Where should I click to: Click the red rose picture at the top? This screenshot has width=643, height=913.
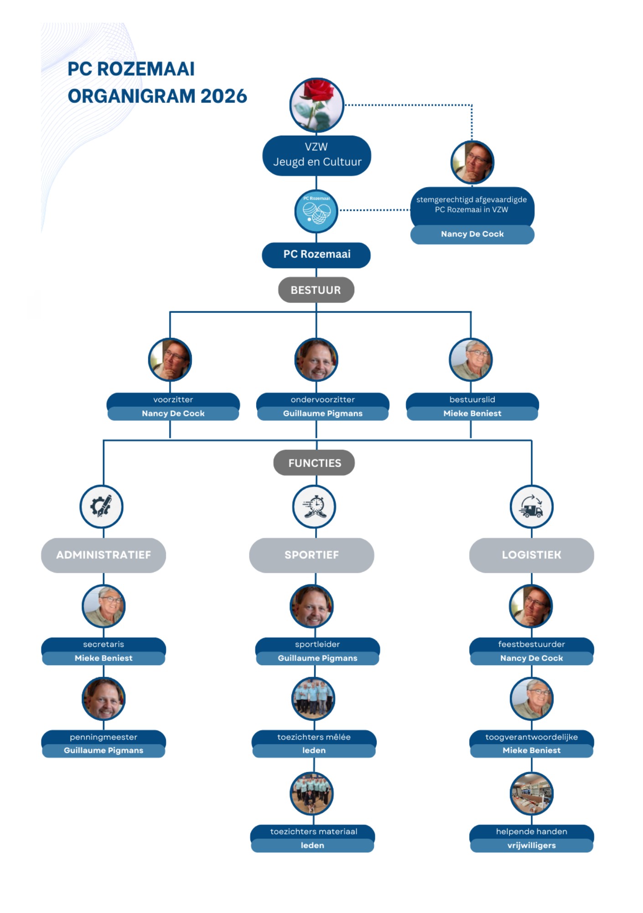[x=316, y=105]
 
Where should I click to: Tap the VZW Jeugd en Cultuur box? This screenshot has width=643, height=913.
[x=316, y=155]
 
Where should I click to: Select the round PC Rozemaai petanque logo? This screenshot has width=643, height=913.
[x=316, y=211]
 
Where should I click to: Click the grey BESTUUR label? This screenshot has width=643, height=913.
[x=316, y=290]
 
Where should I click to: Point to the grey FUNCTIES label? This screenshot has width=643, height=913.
[x=314, y=463]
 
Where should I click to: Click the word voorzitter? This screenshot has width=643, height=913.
[x=173, y=399]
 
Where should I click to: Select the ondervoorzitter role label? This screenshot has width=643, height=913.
[x=322, y=399]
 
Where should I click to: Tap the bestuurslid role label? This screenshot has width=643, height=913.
[x=472, y=399]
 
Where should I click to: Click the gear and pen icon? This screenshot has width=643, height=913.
[x=101, y=506]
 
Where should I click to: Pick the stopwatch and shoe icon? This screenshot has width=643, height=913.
[x=314, y=507]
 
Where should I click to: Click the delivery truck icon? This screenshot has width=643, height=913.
[x=531, y=507]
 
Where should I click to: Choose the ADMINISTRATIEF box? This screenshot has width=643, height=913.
[x=104, y=555]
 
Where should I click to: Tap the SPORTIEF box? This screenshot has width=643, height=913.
[x=311, y=555]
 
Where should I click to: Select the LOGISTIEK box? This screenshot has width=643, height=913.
[x=531, y=555]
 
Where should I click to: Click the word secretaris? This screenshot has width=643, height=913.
[x=104, y=644]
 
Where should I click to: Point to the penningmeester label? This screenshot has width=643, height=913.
[x=104, y=737]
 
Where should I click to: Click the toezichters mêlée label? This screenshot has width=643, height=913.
[x=314, y=737]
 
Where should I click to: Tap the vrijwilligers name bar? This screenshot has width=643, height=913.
[x=531, y=845]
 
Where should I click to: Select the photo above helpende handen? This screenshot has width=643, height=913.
[x=531, y=793]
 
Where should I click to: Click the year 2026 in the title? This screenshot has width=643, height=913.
[x=223, y=96]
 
